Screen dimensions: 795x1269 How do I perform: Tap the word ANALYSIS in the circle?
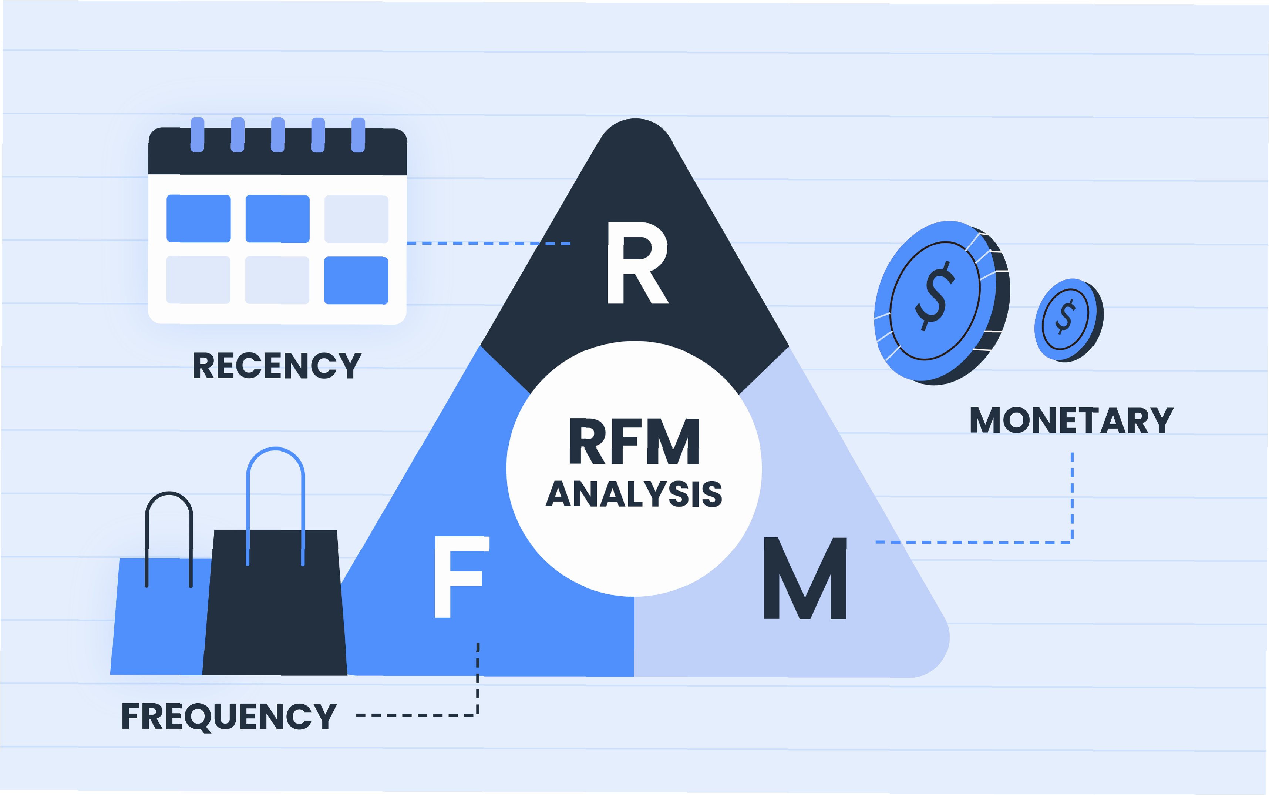click(634, 494)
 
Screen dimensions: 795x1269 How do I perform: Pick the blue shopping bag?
click(158, 620)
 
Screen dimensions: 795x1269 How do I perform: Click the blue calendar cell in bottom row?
click(356, 280)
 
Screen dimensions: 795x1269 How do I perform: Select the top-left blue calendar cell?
click(199, 218)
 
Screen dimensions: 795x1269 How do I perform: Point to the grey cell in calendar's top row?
click(356, 219)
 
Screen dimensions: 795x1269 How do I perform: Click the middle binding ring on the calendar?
click(277, 135)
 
